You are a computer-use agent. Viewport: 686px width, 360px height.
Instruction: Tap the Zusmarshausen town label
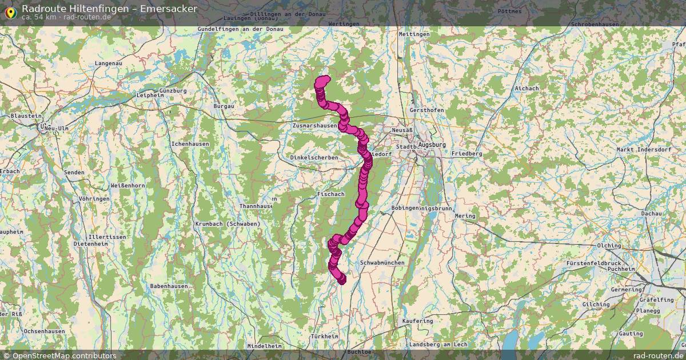[314, 125]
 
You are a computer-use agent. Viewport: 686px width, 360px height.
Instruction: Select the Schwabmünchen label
[382, 263]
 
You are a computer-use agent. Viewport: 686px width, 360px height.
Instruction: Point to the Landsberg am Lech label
[438, 345]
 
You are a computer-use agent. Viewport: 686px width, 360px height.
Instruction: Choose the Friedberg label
[466, 154]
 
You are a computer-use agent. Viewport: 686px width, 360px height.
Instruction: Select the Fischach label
[330, 194]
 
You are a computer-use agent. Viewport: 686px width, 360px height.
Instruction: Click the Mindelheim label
[264, 346]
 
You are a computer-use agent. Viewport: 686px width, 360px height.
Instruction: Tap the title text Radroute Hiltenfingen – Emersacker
[110, 9]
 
